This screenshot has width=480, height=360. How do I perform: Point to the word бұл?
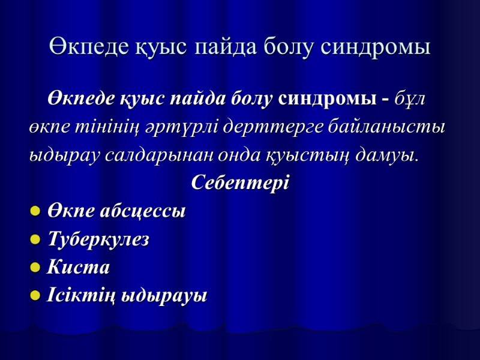[x=410, y=99]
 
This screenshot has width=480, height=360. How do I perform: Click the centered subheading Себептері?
[x=240, y=183]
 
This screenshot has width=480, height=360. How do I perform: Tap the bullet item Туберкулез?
[x=98, y=240]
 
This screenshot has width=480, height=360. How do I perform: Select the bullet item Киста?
[x=78, y=268]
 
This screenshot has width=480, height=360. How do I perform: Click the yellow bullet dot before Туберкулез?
[x=35, y=241]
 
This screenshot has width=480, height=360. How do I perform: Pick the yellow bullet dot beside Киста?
[x=35, y=268]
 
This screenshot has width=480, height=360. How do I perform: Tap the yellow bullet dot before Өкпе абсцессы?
[x=35, y=212]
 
